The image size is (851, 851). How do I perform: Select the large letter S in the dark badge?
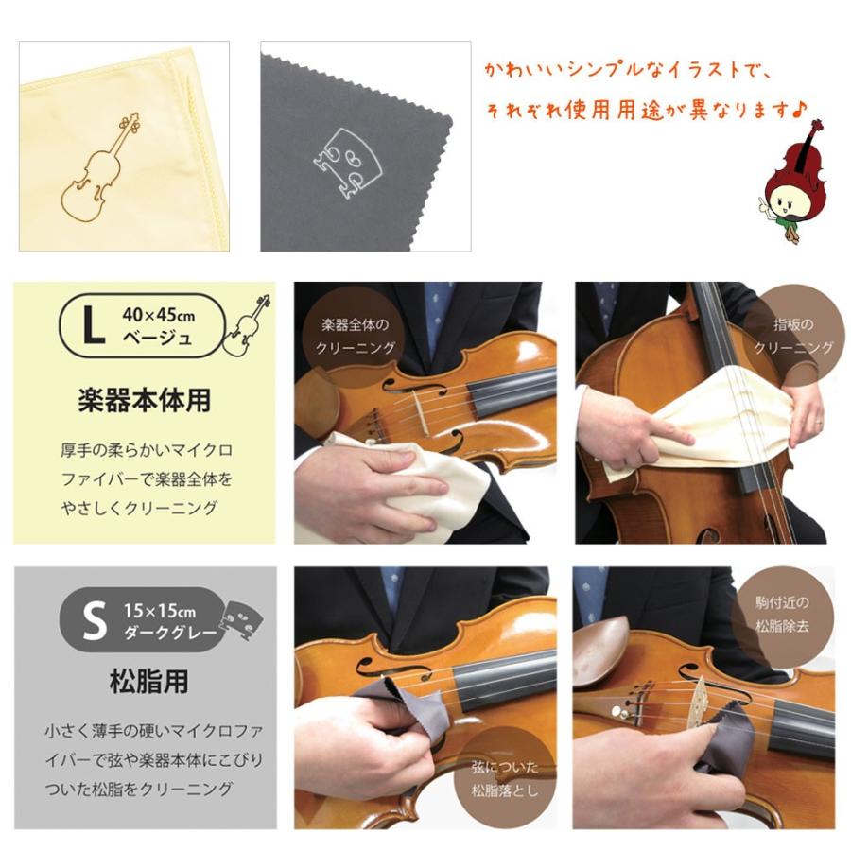click(94, 624)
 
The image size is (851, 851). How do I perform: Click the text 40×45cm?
click(158, 312)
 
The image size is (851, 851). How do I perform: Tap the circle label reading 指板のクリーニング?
click(792, 336)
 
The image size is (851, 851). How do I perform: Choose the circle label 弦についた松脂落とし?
click(504, 777)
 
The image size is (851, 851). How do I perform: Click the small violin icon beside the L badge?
click(247, 325)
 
